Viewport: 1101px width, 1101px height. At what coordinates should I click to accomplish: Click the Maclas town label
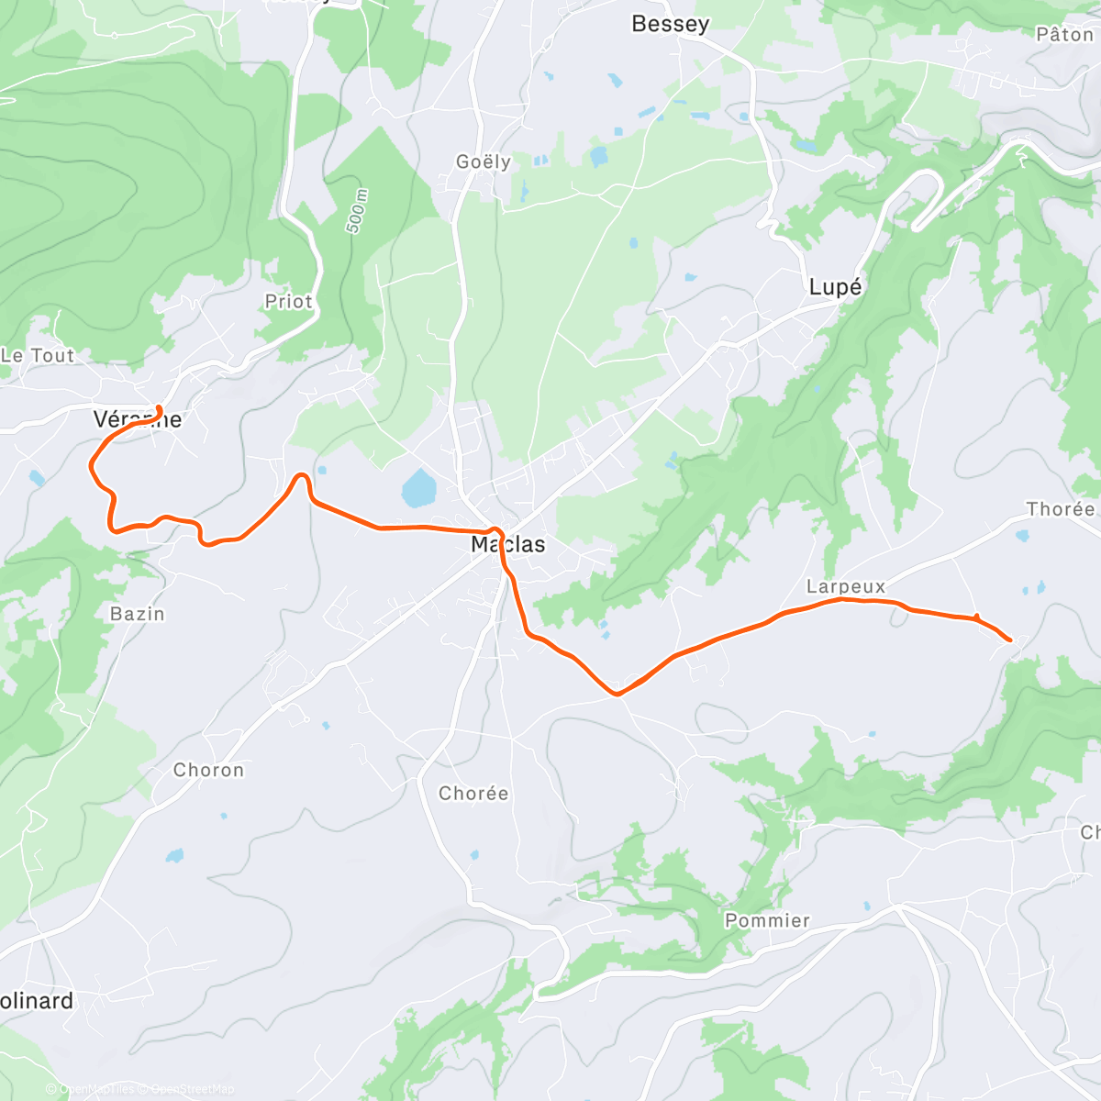coord(508,544)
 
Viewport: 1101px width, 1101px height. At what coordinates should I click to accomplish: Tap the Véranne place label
coord(138,420)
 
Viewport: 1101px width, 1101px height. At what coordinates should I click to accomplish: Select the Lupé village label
coord(835,287)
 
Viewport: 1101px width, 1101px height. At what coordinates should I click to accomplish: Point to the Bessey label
coord(670,24)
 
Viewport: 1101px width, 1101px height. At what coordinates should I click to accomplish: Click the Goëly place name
coord(484,161)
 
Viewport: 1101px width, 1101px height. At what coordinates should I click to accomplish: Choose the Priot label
coord(288,302)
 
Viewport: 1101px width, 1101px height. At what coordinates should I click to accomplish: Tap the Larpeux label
coord(846,586)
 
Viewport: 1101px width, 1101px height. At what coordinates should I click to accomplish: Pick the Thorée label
coord(1061,509)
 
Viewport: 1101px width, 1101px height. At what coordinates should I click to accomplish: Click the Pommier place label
coord(767,920)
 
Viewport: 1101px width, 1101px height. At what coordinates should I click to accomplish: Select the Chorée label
coord(473,794)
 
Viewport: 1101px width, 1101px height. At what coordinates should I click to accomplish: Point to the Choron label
coord(209,771)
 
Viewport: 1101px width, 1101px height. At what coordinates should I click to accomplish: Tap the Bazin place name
coord(138,614)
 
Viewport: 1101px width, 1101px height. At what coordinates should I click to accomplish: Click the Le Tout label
coord(38,355)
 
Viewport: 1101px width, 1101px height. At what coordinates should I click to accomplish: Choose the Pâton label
coord(1064,35)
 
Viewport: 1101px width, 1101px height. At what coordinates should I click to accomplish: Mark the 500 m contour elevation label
coord(357,211)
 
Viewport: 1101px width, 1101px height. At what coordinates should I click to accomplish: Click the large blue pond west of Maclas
coord(418,488)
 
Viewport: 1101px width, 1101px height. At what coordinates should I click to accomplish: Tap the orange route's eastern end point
coord(1010,639)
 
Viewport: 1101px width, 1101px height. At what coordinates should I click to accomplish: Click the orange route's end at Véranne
coord(160,408)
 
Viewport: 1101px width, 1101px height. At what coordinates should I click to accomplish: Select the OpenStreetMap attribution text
coord(192,1089)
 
